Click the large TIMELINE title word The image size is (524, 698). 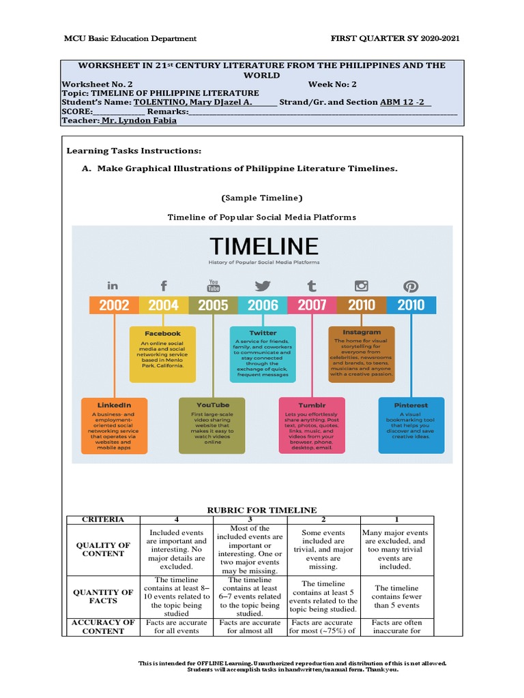click(254, 246)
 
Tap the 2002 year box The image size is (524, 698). click(114, 305)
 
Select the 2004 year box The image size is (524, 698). click(164, 305)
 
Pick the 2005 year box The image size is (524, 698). click(214, 305)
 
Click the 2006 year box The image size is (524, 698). click(263, 305)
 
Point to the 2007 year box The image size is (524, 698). click(312, 305)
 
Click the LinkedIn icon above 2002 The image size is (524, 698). click(113, 286)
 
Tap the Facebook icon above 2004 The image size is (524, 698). click(164, 286)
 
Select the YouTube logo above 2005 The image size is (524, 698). click(214, 285)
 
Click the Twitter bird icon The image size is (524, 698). click(263, 286)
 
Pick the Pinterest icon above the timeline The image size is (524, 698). click(411, 286)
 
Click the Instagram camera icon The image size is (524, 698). click(361, 286)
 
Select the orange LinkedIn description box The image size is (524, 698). click(114, 425)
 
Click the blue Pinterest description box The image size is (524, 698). click(411, 425)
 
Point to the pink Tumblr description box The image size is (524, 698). click(312, 425)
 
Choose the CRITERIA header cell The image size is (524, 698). click(103, 519)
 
